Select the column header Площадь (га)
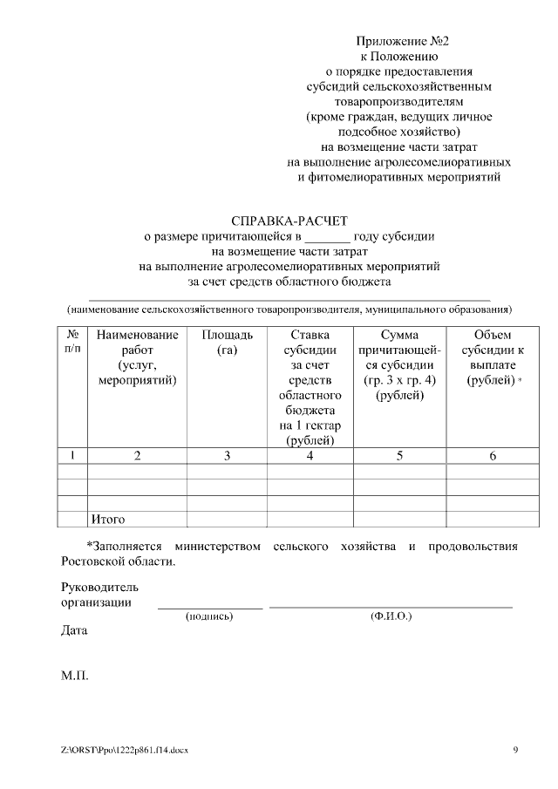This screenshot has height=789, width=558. pos(227,343)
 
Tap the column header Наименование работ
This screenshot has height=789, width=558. pos(138,357)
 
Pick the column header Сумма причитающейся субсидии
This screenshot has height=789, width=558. pos(399,365)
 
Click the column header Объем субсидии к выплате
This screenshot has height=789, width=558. pos(493,358)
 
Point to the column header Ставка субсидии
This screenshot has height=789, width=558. pos(310,387)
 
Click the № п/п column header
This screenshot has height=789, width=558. pos(73,343)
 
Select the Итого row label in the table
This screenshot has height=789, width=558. pos(108,520)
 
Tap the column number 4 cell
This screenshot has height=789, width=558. pos(310,456)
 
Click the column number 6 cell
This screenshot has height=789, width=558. pos(493,456)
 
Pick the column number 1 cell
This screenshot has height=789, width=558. pos(72,456)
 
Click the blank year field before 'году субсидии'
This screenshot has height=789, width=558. pos(328,236)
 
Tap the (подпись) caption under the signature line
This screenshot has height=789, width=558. pos(209,616)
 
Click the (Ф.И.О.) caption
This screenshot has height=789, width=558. pos(391,616)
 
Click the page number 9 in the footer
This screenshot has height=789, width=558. pos(515,750)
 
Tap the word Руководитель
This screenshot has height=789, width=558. pos(99,587)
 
